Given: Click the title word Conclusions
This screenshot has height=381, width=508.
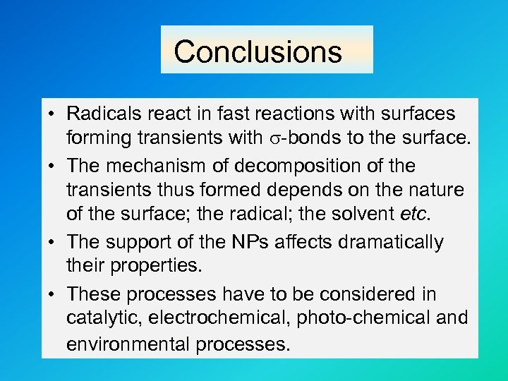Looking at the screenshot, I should tap(258, 52).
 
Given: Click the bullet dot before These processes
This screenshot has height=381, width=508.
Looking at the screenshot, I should tap(53, 294).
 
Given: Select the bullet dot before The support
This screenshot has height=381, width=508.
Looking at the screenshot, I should tap(53, 243).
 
